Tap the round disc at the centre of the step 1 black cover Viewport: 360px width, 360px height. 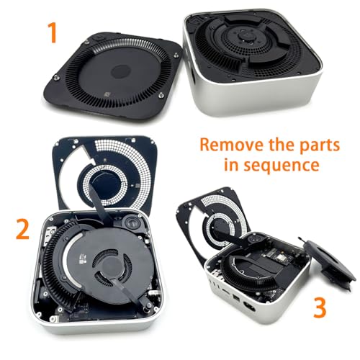coord(121,72)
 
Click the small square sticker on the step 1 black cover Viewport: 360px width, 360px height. coord(107,94)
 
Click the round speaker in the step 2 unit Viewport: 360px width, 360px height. coord(132,224)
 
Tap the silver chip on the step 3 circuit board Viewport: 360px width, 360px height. coord(280,258)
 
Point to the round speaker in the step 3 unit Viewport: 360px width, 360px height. coord(254,239)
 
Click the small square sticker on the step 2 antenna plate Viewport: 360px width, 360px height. coord(137,186)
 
